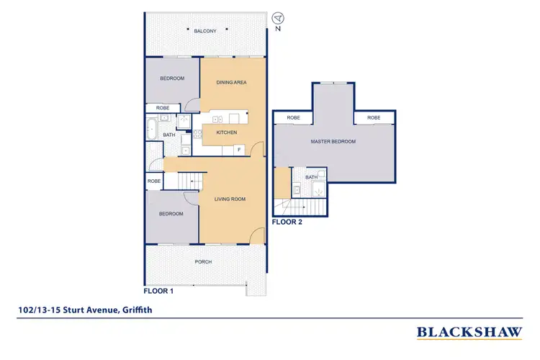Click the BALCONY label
(x=205, y=31)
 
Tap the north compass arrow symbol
(x=279, y=17)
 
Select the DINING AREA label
(x=232, y=83)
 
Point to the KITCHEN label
(x=226, y=133)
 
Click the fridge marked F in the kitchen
(x=238, y=149)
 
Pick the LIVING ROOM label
(x=230, y=199)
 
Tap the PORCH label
(x=204, y=261)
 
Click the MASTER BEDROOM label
(x=333, y=142)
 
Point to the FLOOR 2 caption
(x=287, y=222)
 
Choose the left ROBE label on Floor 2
(x=293, y=117)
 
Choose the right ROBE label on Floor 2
(x=374, y=117)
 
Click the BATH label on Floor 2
(x=312, y=177)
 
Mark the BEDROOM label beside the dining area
(x=172, y=78)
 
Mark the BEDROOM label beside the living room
(x=171, y=214)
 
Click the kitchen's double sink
(x=230, y=117)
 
